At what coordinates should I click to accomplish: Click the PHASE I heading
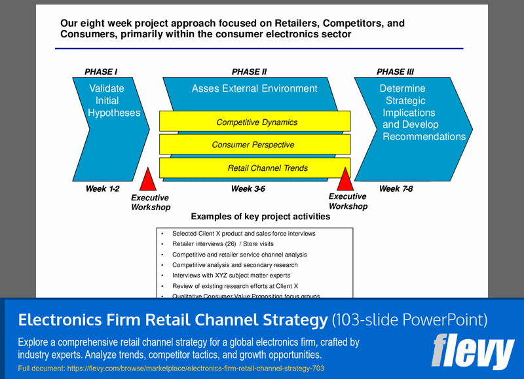pos(101,72)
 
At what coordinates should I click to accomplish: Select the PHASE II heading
pos(250,72)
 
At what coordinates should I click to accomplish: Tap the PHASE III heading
pos(395,72)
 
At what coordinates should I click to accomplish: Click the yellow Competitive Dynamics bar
pos(256,122)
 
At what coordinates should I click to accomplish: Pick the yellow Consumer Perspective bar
pos(253,145)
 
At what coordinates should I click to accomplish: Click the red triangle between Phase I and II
pos(149,181)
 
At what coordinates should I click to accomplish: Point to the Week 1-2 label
pos(102,189)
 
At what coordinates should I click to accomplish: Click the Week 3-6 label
pos(248,189)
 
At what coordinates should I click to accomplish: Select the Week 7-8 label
pos(396,189)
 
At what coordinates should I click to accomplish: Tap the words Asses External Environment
pos(254,88)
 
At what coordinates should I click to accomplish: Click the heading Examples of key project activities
pos(260,217)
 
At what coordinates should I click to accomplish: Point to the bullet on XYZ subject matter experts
pos(231,276)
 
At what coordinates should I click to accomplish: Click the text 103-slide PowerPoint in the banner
pos(409,320)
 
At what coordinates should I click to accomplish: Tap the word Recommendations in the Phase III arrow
pos(424,137)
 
